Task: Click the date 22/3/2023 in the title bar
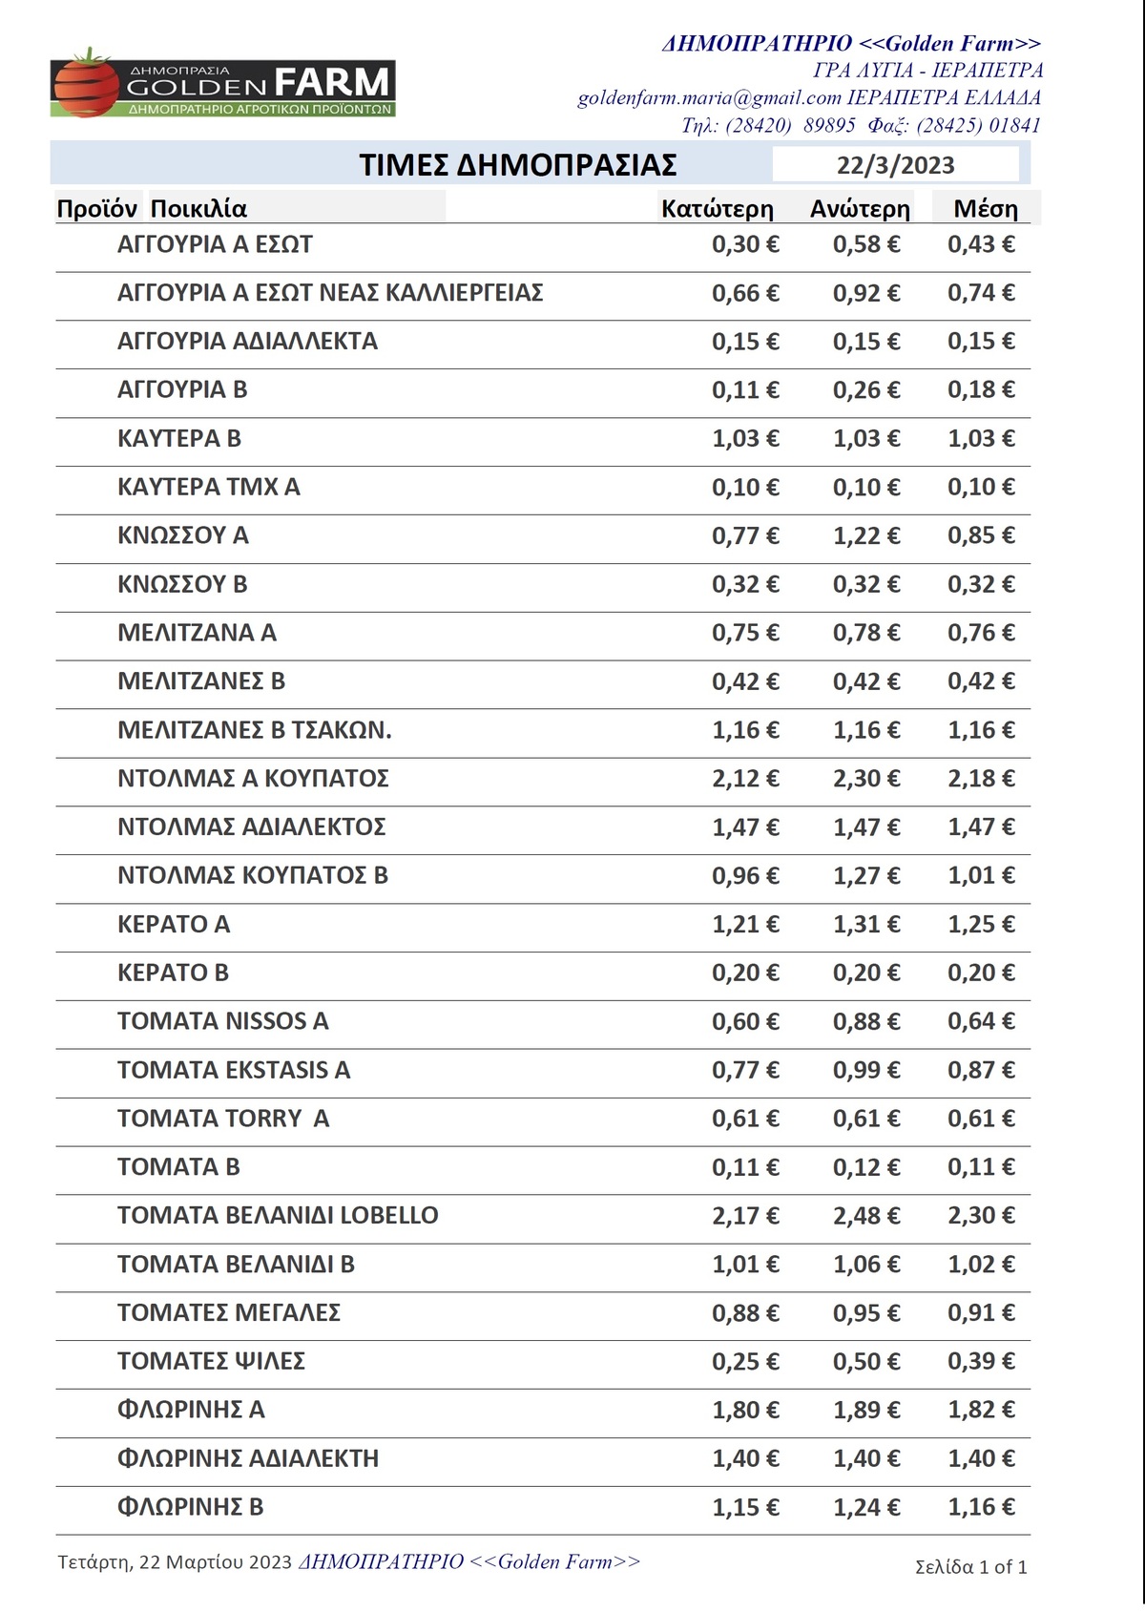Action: pos(895,165)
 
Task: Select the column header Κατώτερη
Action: pos(717,209)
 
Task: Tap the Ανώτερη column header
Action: pos(860,209)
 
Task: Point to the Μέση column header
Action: pos(986,209)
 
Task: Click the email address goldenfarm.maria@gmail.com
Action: pos(709,97)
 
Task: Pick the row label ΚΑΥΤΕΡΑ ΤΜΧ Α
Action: pos(208,487)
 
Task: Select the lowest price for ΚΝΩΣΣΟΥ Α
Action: pos(744,535)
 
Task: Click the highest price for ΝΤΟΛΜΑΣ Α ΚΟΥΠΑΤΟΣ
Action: pos(865,779)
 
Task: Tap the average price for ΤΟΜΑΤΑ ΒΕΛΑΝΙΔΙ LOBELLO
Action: pos(980,1216)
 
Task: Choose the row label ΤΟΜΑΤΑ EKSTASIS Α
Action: pos(234,1070)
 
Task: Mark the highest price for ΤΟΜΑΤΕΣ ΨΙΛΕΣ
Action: pos(865,1362)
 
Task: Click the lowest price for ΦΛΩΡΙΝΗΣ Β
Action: pos(744,1507)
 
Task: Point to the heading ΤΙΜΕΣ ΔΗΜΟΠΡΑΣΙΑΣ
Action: pos(518,165)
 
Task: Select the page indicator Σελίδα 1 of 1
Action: pos(970,1566)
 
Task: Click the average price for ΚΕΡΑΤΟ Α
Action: pos(980,924)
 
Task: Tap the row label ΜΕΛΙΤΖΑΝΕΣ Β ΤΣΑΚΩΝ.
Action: pos(254,730)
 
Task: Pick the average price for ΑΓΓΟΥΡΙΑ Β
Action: pos(980,389)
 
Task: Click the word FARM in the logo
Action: pos(332,82)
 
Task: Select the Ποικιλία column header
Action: pos(198,209)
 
